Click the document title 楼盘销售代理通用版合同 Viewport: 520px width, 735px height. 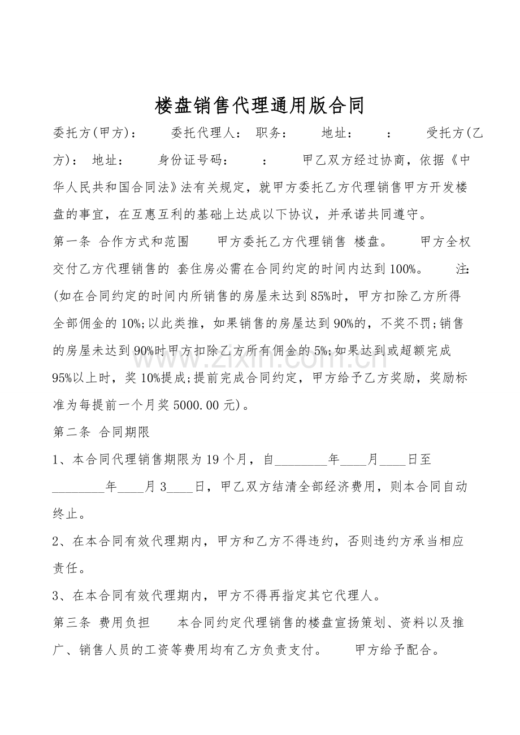(x=259, y=106)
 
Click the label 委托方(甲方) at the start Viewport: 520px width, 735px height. (x=94, y=134)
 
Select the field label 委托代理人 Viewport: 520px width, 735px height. (x=206, y=134)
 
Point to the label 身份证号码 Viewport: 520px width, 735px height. (x=192, y=160)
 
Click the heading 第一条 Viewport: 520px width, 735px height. (x=71, y=242)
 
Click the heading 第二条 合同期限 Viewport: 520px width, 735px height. (x=101, y=432)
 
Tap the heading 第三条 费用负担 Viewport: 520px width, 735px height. (x=101, y=623)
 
